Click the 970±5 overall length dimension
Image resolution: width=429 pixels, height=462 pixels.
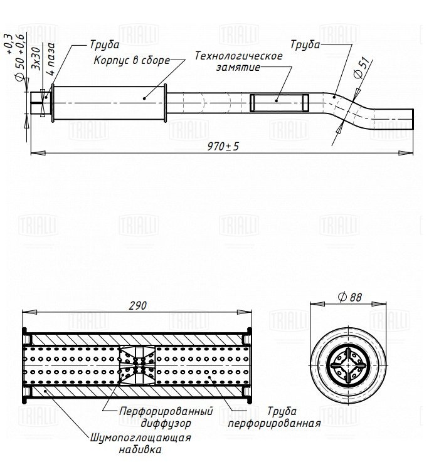coord(223,147)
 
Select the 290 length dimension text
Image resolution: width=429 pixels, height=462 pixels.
coord(138,306)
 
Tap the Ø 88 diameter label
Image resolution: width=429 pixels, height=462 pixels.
coord(350,297)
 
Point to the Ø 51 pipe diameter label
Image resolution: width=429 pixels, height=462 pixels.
coord(361,68)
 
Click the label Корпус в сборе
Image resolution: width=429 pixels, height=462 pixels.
coord(132,60)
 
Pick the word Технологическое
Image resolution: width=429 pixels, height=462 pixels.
coord(238,56)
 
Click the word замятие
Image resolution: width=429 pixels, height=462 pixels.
coord(238,68)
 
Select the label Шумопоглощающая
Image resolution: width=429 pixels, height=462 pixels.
coord(140,438)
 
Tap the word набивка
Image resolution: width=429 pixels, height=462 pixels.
coord(140,450)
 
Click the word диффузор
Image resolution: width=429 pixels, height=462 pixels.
coord(166,423)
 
